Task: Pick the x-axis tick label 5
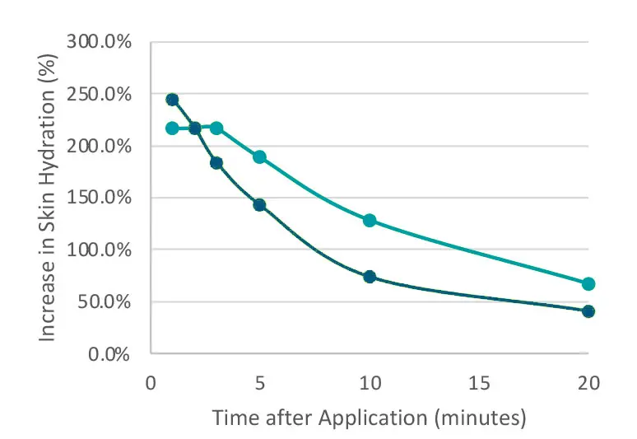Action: (x=260, y=383)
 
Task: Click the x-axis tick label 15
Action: (x=479, y=383)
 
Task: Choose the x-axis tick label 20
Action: (x=588, y=383)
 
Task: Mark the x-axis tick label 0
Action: (x=151, y=383)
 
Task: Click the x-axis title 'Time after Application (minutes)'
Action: (x=369, y=418)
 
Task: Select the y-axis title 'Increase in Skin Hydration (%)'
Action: (x=49, y=198)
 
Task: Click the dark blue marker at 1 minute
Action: (x=172, y=100)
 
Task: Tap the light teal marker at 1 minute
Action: (x=172, y=128)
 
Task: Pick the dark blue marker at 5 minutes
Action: (x=259, y=205)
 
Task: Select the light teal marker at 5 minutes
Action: (x=259, y=157)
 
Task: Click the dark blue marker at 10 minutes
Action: (x=370, y=277)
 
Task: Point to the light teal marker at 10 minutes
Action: (x=370, y=221)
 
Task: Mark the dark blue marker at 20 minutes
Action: (x=588, y=311)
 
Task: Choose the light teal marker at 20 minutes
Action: (x=588, y=284)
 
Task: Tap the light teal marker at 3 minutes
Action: (x=216, y=128)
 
